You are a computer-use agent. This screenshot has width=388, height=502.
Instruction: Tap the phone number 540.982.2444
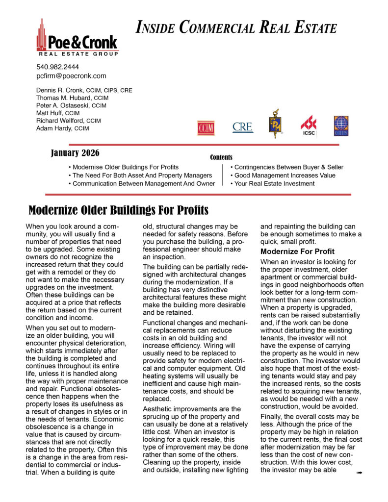pyautogui.click(x=57, y=67)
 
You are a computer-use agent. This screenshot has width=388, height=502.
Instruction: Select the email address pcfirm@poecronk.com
pyautogui.click(x=71, y=76)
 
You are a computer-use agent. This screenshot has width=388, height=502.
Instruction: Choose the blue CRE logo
pyautogui.click(x=243, y=127)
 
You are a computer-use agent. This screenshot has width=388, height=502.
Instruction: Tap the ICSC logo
pyautogui.click(x=309, y=126)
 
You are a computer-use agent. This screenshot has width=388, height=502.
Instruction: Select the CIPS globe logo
pyautogui.click(x=341, y=126)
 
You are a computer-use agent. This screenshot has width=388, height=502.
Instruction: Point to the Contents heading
pyautogui.click(x=221, y=157)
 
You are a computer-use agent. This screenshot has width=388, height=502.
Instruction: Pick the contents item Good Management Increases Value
pyautogui.click(x=285, y=175)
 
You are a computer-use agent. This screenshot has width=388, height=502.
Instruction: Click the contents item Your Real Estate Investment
pyautogui.click(x=274, y=183)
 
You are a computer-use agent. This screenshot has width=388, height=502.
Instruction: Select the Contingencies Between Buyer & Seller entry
pyautogui.click(x=288, y=167)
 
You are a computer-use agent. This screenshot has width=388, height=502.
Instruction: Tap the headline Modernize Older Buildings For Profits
pyautogui.click(x=118, y=211)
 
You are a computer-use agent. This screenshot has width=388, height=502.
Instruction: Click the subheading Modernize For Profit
pyautogui.click(x=297, y=251)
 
